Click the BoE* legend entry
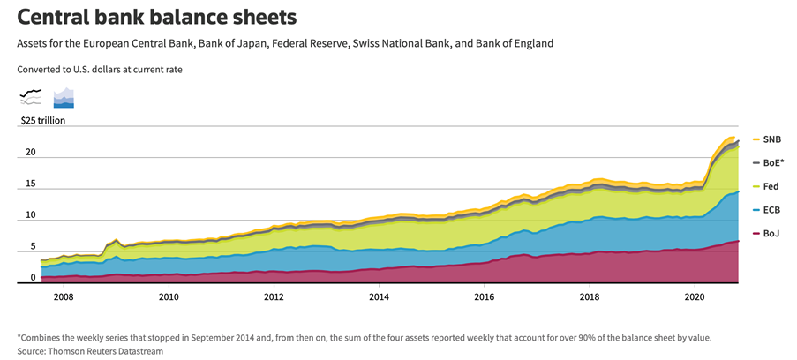pos(771,163)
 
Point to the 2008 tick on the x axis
pos(63,297)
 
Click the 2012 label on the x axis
pos(274,297)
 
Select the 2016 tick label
pos(484,297)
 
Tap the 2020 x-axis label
pos(695,297)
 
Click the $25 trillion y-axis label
pos(43,120)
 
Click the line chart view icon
pos(31,97)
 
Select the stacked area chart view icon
pos(64,97)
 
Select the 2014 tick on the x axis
pos(379,297)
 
